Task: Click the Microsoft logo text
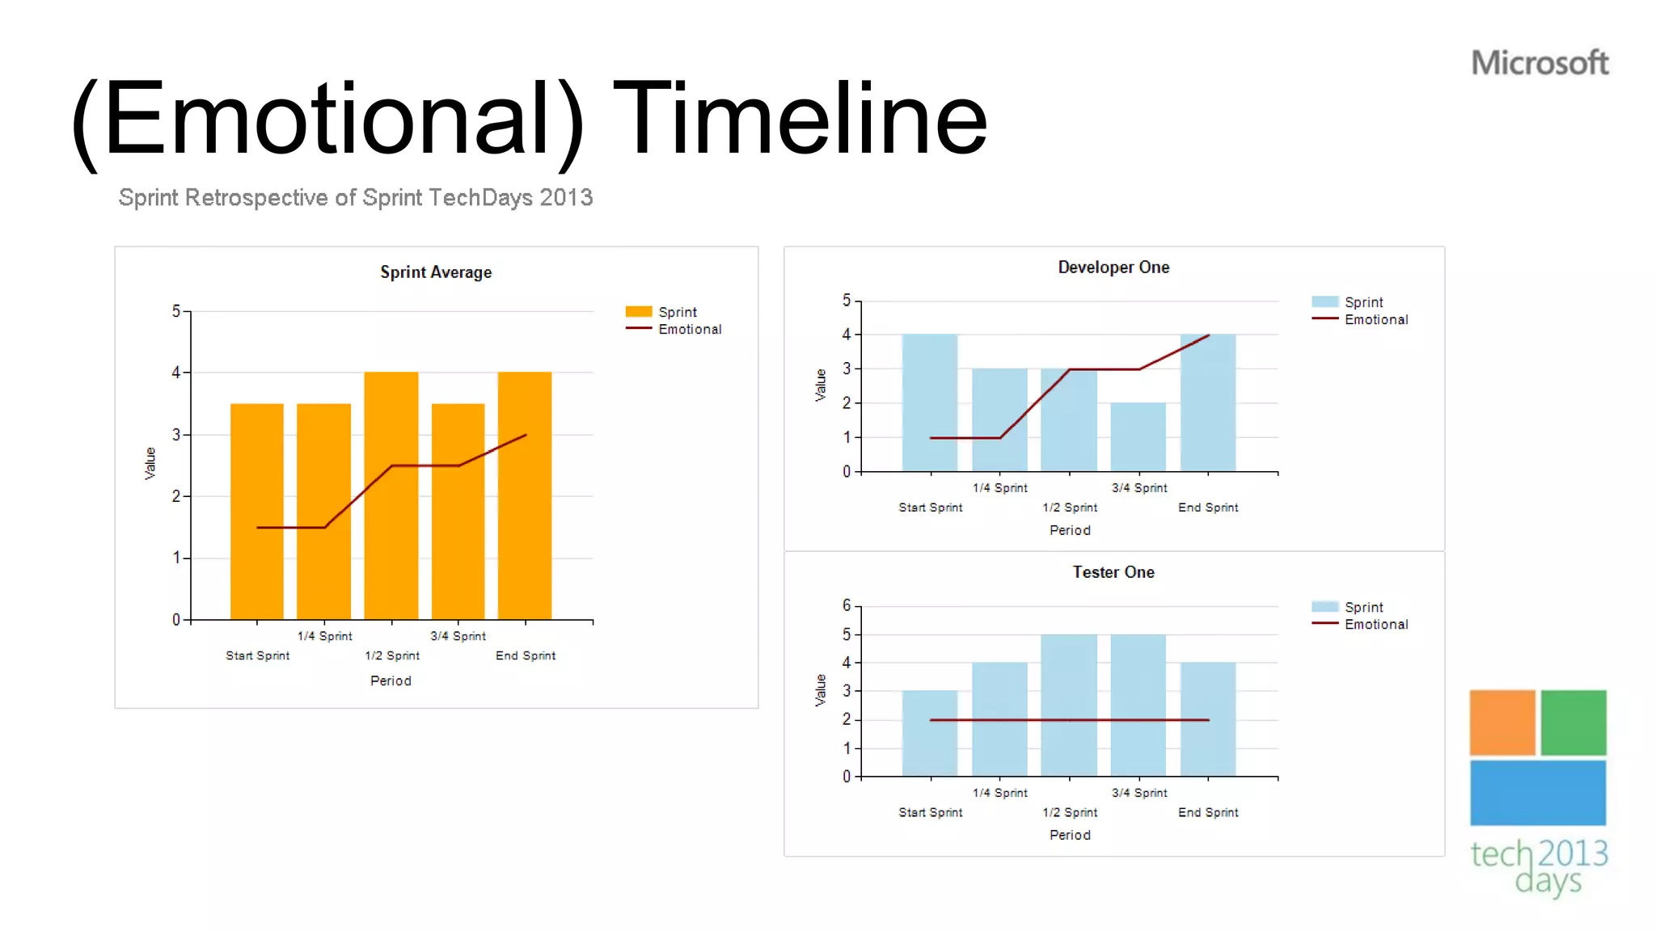pyautogui.click(x=1539, y=63)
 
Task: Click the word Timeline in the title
pyautogui.click(x=801, y=119)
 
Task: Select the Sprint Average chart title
pyautogui.click(x=436, y=272)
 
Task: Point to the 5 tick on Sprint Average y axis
pyautogui.click(x=176, y=311)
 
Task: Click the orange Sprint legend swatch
pyautogui.click(x=638, y=312)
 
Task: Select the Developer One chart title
pyautogui.click(x=1113, y=268)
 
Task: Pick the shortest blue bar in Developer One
pyautogui.click(x=1138, y=436)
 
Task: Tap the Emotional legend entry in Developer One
pyautogui.click(x=1375, y=320)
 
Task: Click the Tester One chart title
pyautogui.click(x=1113, y=572)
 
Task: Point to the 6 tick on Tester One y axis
pyautogui.click(x=847, y=605)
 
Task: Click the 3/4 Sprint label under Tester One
pyautogui.click(x=1138, y=793)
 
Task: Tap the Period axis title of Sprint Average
pyautogui.click(x=391, y=681)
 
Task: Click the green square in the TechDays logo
pyautogui.click(x=1573, y=722)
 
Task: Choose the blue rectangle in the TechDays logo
pyautogui.click(x=1537, y=793)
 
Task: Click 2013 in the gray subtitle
pyautogui.click(x=566, y=198)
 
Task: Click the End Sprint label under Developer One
pyautogui.click(x=1208, y=508)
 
